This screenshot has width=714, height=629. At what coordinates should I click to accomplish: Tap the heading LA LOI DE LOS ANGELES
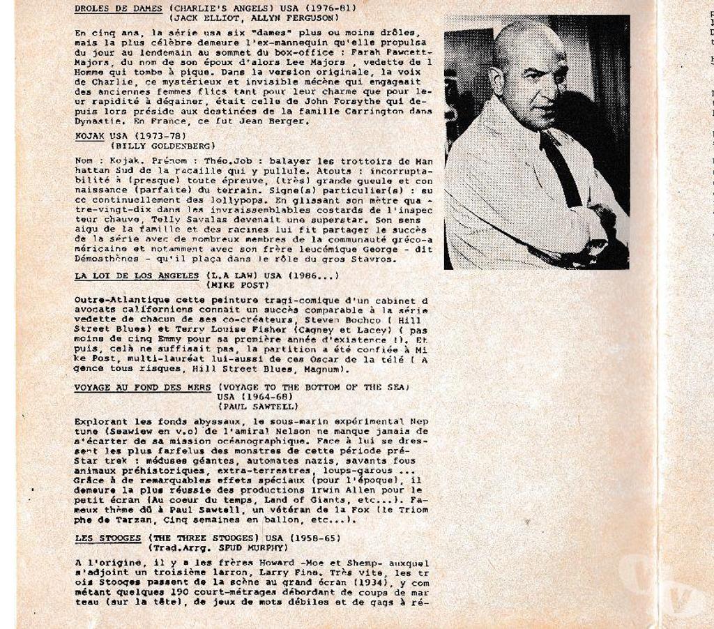pos(137,275)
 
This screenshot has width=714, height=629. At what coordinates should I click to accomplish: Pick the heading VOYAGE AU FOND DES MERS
pos(142,387)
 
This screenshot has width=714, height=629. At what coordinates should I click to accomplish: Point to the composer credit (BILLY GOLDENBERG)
pos(162,146)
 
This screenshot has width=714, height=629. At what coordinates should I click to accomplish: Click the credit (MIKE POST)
pos(237,285)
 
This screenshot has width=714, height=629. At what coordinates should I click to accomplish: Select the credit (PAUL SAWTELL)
pos(259,407)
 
